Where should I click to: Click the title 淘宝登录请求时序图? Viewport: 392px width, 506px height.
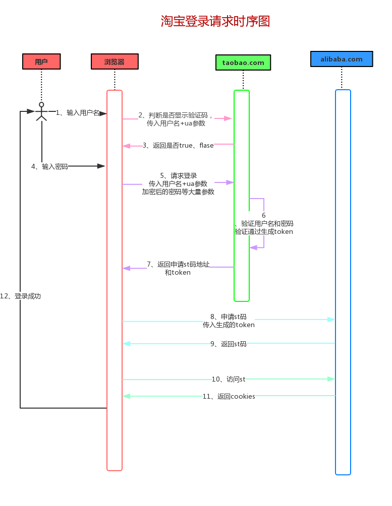(215, 21)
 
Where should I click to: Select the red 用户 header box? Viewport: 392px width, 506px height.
(41, 61)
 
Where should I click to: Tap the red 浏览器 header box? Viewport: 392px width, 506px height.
(115, 61)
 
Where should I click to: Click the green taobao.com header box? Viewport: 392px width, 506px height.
(243, 62)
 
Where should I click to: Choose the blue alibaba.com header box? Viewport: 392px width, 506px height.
(342, 59)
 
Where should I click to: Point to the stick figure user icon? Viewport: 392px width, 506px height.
(41, 111)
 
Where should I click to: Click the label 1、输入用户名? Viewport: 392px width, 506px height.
(78, 113)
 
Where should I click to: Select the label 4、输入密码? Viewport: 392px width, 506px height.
(49, 166)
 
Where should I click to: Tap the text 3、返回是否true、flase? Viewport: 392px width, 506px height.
(178, 146)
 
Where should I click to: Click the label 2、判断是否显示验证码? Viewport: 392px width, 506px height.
(176, 115)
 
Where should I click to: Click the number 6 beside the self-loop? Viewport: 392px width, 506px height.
(263, 215)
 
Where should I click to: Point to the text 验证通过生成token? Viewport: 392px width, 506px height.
(264, 232)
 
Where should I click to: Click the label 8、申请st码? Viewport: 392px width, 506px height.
(229, 317)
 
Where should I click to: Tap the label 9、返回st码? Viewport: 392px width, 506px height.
(229, 344)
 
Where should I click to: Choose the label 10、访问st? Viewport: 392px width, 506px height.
(229, 379)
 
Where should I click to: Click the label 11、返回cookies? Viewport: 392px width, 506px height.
(229, 396)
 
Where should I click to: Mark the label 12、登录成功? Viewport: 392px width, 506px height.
(21, 296)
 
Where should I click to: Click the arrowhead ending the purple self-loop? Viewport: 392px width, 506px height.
(253, 247)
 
